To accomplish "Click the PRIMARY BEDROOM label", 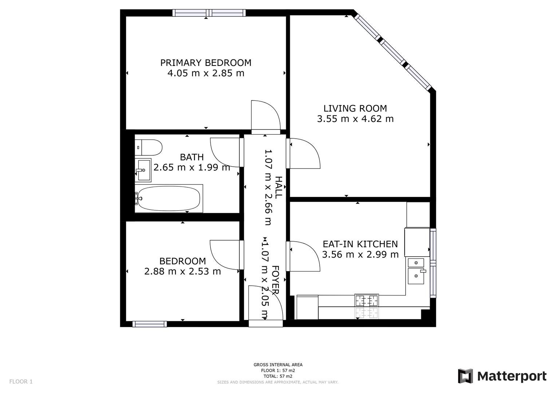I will (x=206, y=63).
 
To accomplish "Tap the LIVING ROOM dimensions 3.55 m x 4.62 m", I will (x=355, y=119).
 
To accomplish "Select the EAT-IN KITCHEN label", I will (x=360, y=244).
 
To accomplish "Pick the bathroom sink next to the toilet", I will (x=143, y=170).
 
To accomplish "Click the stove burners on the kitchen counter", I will (x=367, y=301).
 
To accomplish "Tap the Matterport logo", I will (x=502, y=376).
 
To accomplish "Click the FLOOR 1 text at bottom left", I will (x=21, y=381).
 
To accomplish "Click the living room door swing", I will (x=304, y=154).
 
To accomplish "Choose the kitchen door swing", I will (x=304, y=256).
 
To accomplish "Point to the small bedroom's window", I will (x=150, y=324).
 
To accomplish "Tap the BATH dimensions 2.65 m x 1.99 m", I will (x=192, y=167).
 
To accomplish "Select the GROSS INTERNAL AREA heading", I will (x=278, y=365).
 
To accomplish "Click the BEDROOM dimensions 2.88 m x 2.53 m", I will (x=182, y=271).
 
